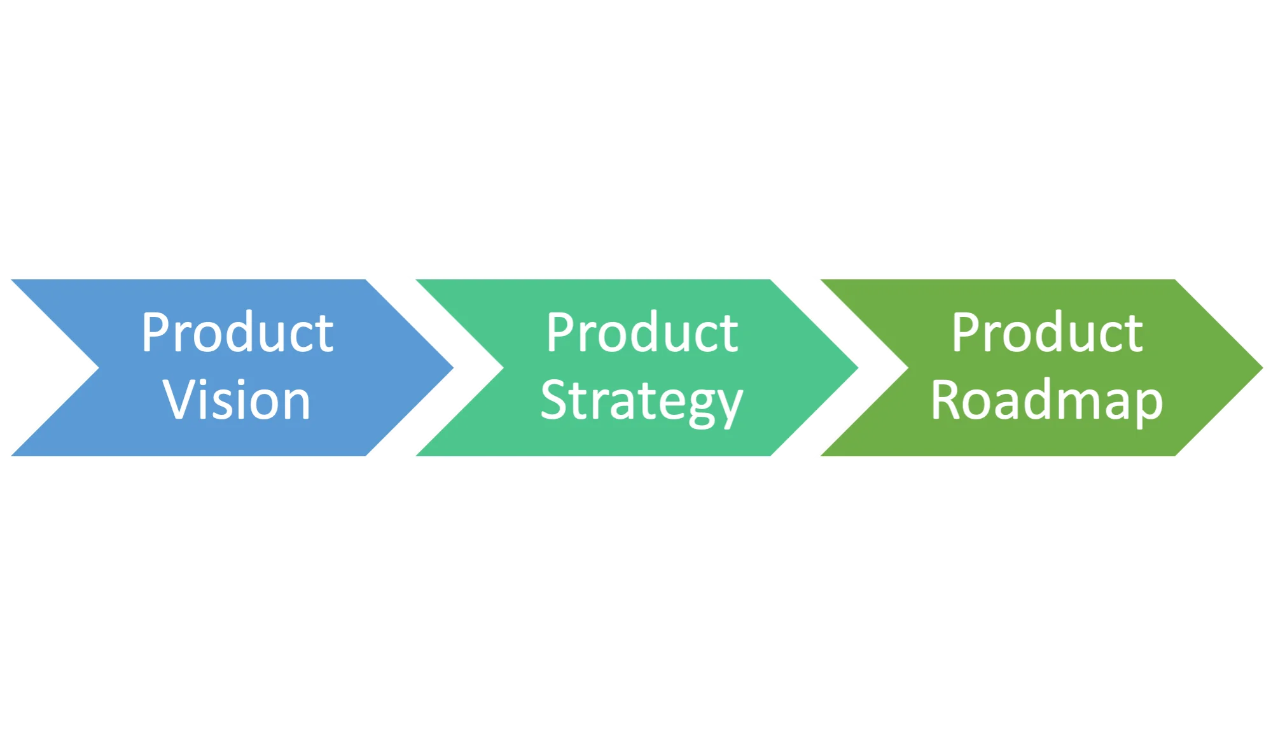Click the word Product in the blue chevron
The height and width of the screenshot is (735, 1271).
(x=237, y=332)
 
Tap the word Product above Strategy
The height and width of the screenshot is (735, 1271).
(x=642, y=332)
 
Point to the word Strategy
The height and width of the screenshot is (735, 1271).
(x=641, y=401)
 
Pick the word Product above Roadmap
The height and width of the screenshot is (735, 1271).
(x=1047, y=332)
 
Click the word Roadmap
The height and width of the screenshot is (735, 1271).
(x=1046, y=401)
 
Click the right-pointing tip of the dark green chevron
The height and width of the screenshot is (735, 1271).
(x=1262, y=367)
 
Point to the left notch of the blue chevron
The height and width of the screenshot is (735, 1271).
(x=95, y=367)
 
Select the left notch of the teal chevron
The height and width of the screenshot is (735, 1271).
(x=500, y=367)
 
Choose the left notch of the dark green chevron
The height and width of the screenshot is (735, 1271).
(x=904, y=367)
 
